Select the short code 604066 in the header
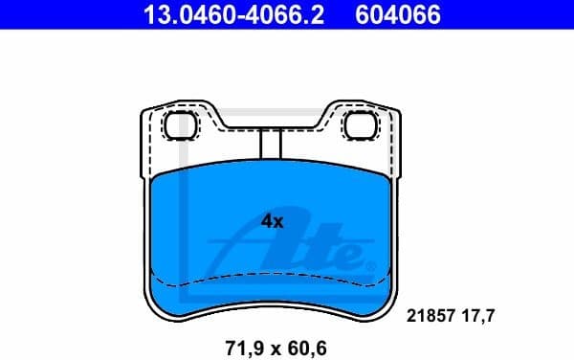(399, 14)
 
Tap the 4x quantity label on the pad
(273, 221)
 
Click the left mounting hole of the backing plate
(179, 124)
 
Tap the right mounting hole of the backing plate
(359, 124)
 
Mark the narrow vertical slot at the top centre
(270, 144)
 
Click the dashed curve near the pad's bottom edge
(270, 279)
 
